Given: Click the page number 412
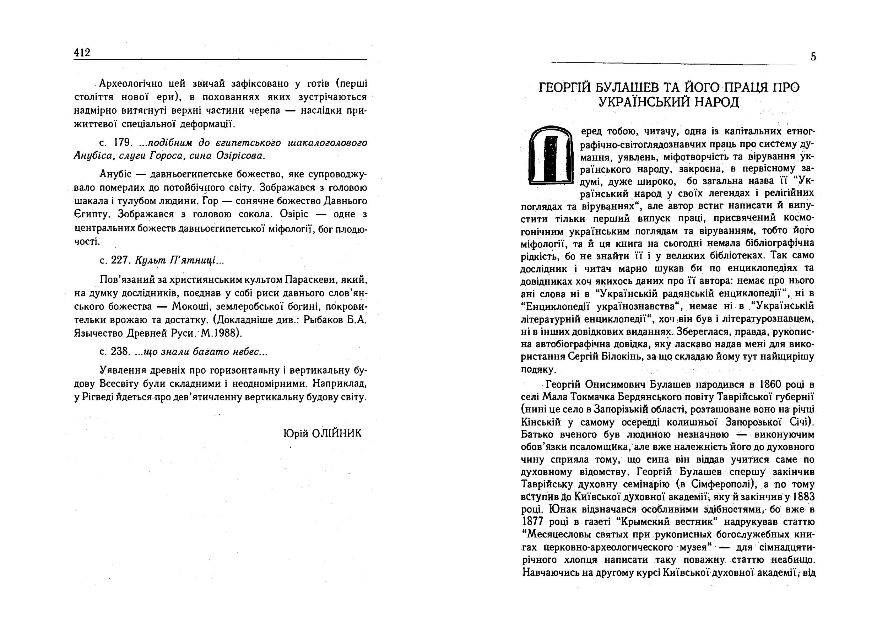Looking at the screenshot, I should pos(82,53).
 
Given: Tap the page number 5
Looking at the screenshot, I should pos(813,57).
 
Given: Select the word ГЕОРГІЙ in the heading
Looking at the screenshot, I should pos(565,88).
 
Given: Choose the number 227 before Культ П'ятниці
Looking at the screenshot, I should pos(119,260).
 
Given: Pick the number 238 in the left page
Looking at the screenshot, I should pos(119,351).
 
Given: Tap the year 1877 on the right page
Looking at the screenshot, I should pos(532,522).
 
